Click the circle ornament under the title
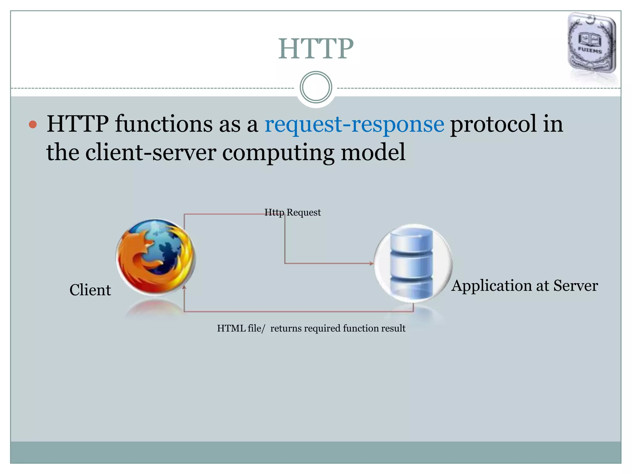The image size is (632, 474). [316, 87]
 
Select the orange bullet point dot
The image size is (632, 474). [33, 125]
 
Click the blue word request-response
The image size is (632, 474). [354, 124]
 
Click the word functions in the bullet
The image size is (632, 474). [164, 124]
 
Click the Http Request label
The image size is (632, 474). [293, 212]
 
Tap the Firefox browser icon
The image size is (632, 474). [156, 257]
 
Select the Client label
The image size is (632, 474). [90, 290]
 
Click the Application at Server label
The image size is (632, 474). [524, 286]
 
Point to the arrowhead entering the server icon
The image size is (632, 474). [372, 264]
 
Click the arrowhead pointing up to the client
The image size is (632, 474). [184, 288]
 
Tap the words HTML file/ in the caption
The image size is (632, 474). [241, 328]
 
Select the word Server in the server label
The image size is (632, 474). [575, 286]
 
